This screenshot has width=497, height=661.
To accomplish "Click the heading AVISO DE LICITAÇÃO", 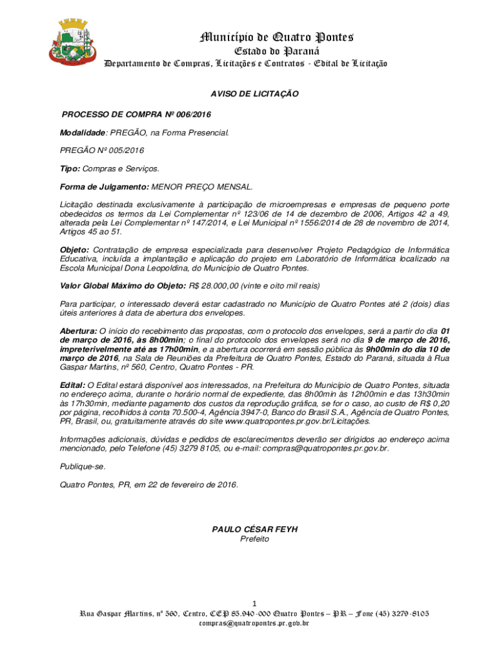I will pos(255,94).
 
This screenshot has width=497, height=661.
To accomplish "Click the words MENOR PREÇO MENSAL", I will pos(202,186).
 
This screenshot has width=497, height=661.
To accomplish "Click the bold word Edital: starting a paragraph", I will pos(72,385).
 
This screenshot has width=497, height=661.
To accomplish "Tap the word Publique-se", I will pos(81,466).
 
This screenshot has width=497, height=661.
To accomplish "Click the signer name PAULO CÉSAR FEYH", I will pos(255,529).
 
